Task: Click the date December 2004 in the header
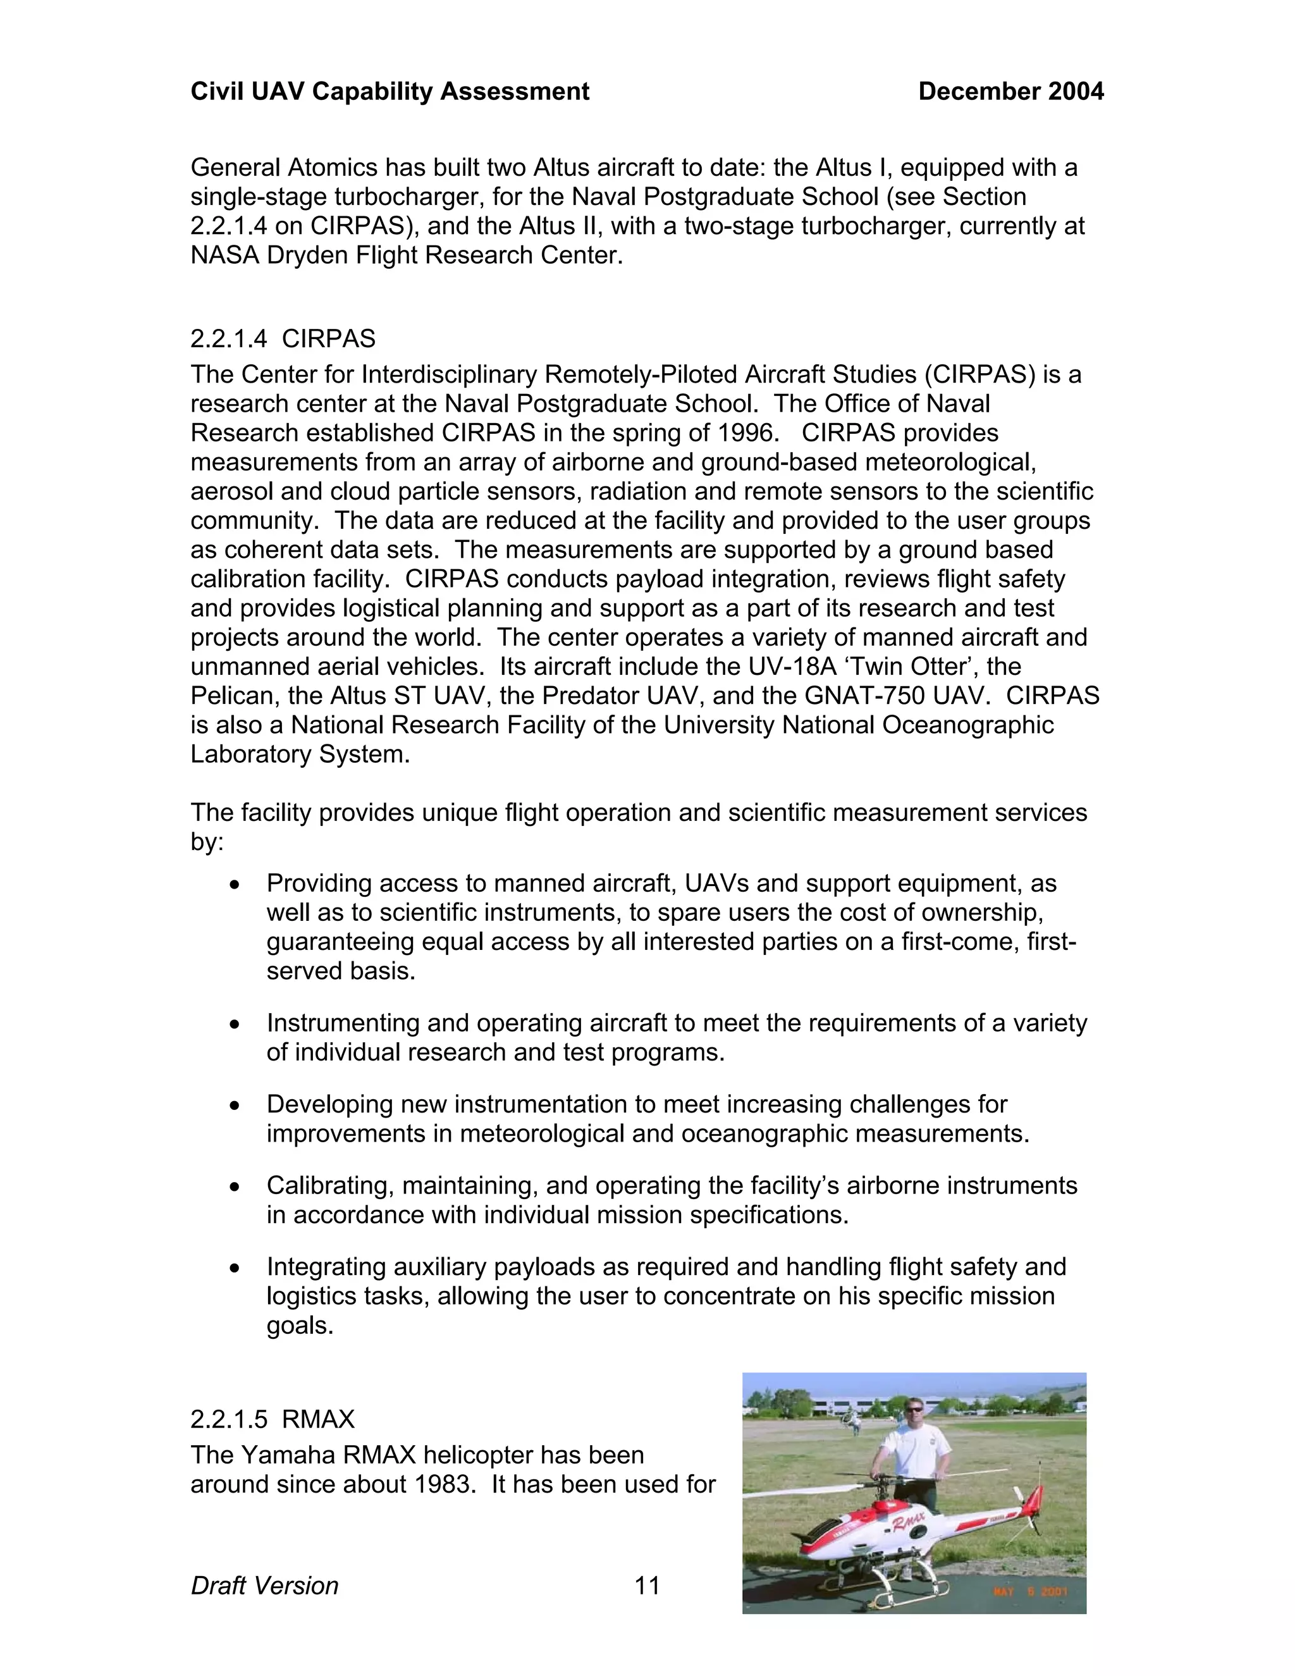[x=1010, y=91]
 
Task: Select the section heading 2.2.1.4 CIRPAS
[x=282, y=338]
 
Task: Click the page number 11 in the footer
[x=647, y=1586]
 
